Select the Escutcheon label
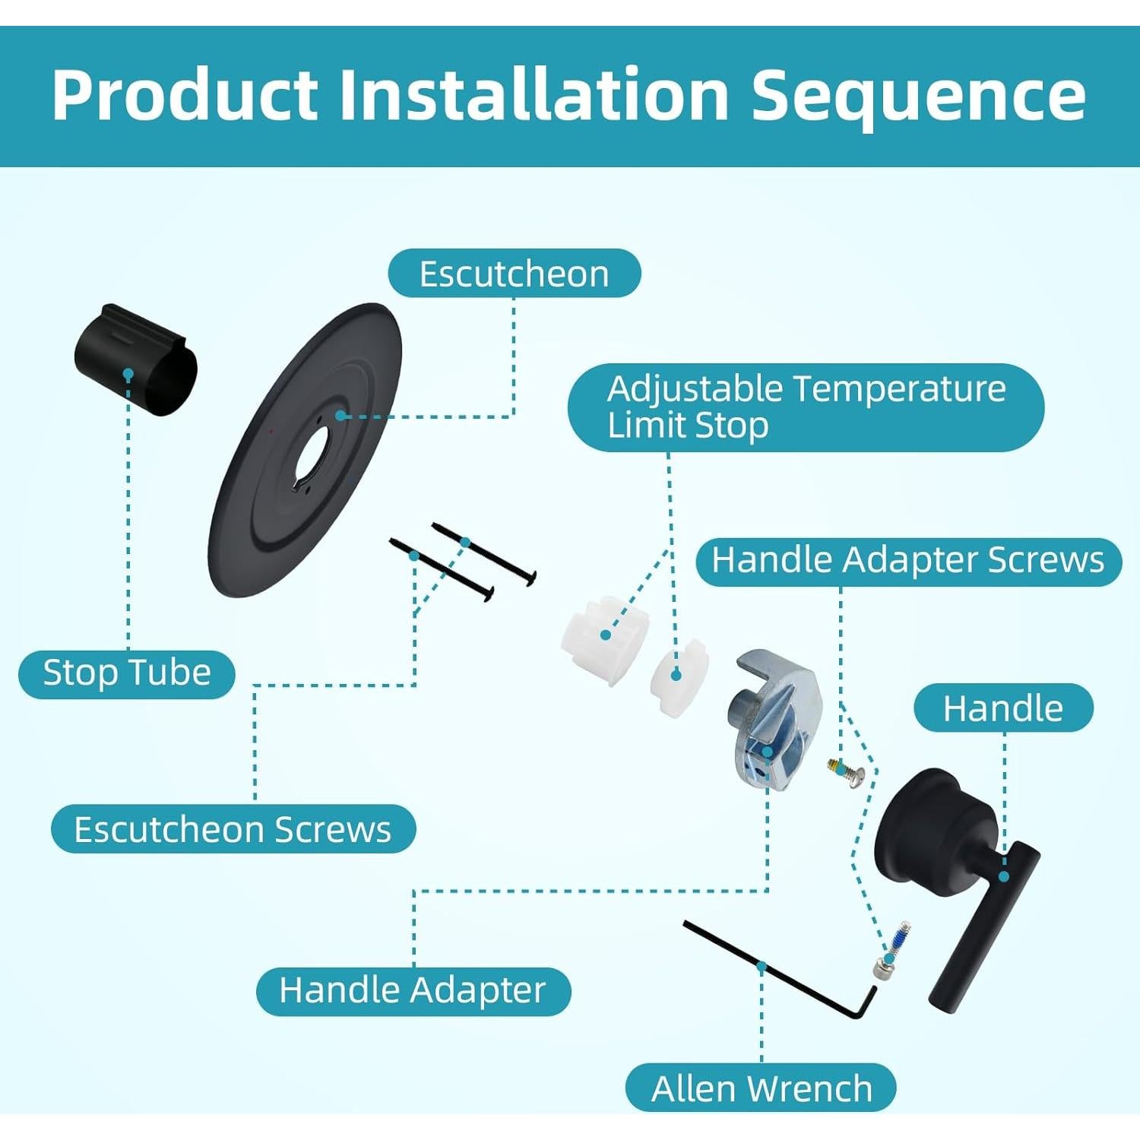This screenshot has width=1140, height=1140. tap(515, 274)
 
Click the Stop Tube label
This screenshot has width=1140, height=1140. tap(127, 673)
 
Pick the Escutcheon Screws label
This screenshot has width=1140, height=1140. tap(233, 829)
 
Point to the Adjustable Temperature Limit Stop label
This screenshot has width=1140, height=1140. tap(806, 407)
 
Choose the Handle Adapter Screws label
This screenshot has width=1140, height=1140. tap(908, 561)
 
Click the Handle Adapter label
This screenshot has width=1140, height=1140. tap(413, 991)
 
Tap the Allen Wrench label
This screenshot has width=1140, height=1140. tap(762, 1088)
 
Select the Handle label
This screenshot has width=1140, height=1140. tap(1003, 708)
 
